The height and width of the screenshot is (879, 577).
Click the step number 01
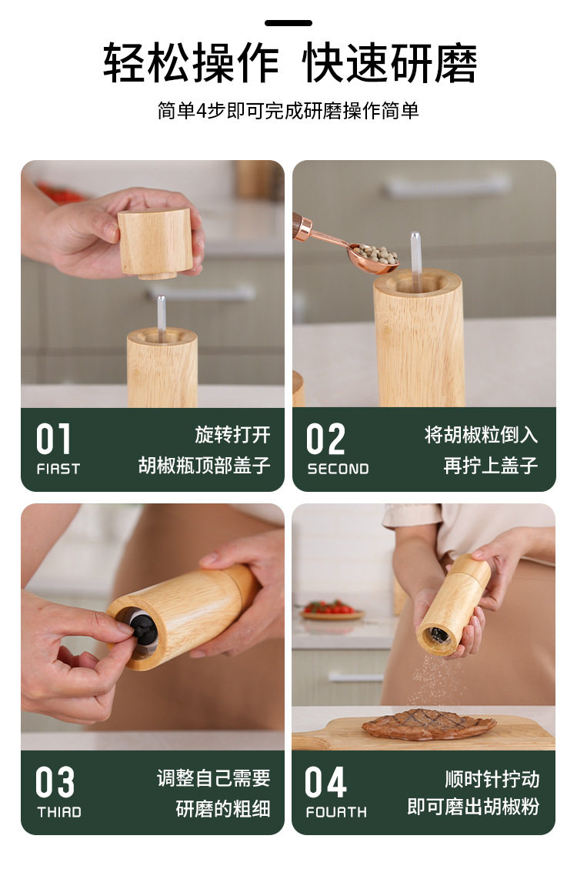point(54,439)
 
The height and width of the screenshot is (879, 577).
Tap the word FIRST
point(58,469)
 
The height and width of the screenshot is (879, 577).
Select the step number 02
point(325,439)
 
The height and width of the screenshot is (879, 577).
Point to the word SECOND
point(338,469)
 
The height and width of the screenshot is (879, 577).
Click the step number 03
point(55,782)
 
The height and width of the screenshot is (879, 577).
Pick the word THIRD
point(58,812)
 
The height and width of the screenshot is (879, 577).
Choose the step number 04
point(325,782)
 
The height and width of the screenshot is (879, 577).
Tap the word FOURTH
point(336,812)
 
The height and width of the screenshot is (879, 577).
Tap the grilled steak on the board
point(429,724)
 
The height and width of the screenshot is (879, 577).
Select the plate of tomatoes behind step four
point(332,610)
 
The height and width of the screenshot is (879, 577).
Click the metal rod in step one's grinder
point(162,317)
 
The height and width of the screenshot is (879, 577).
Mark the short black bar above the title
point(288,23)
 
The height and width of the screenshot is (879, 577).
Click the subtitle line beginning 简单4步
point(288,110)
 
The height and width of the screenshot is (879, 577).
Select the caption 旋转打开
point(232,434)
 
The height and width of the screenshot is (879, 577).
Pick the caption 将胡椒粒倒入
point(481,434)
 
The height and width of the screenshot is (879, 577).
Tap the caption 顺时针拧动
point(492,779)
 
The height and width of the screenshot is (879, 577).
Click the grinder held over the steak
point(454,606)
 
